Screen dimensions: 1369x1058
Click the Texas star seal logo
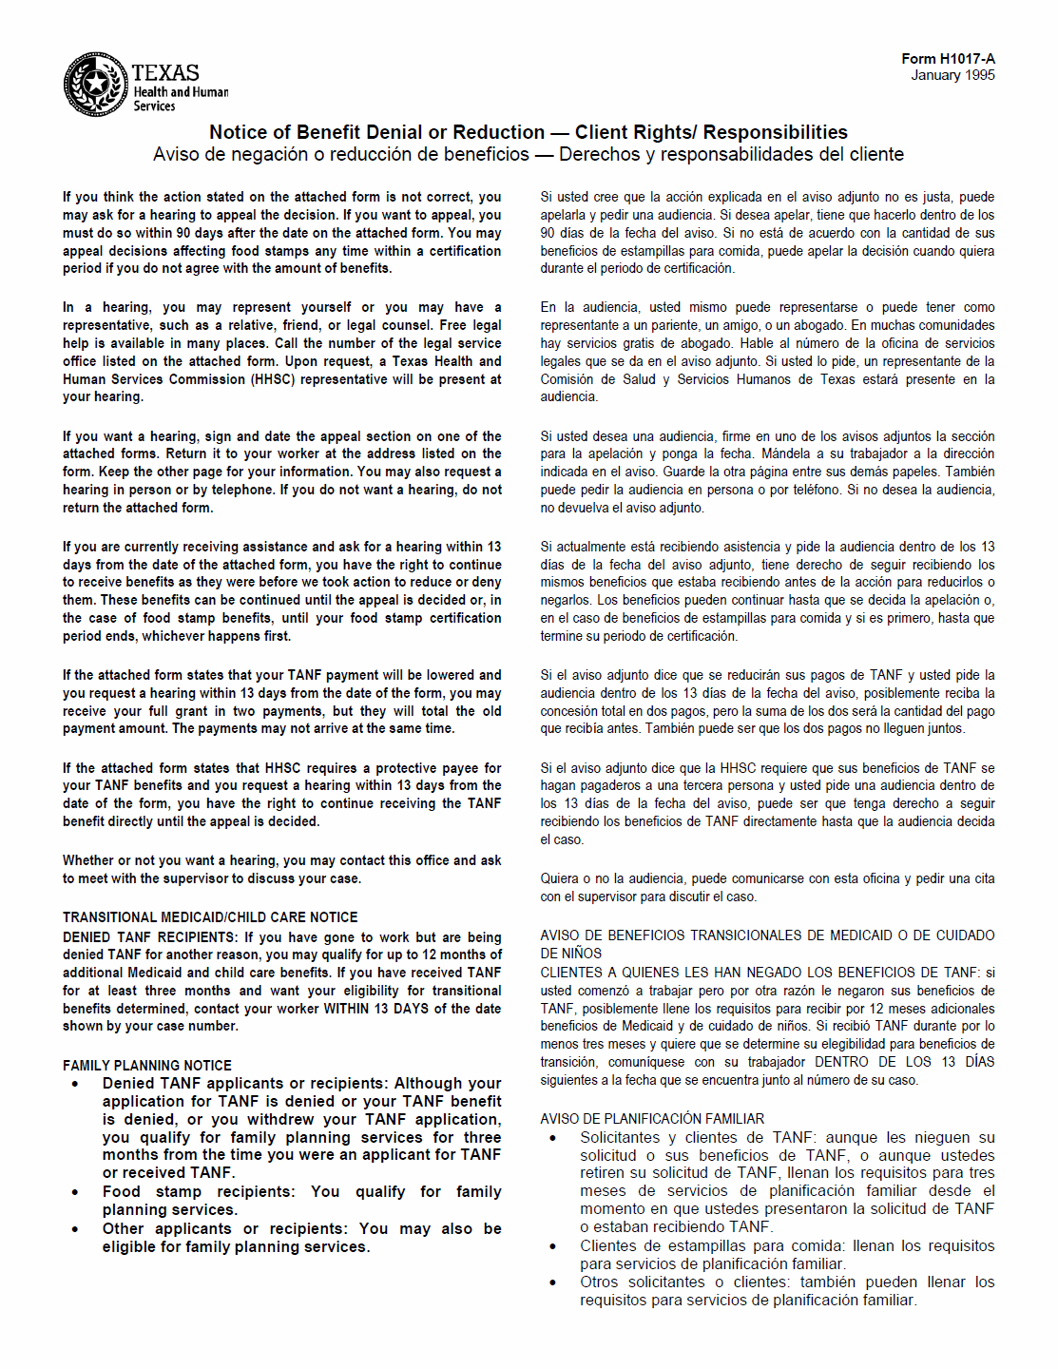click(x=95, y=85)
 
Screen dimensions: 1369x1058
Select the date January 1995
click(x=952, y=75)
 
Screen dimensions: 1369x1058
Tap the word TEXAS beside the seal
click(x=165, y=73)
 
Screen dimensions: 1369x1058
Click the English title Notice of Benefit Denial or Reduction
click(x=376, y=132)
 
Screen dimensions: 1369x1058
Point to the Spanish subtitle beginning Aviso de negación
click(x=529, y=154)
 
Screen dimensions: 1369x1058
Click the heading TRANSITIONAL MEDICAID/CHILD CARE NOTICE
click(x=210, y=917)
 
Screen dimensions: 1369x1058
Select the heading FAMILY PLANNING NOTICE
click(x=147, y=1066)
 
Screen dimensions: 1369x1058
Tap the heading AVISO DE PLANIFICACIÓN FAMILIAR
click(x=652, y=1119)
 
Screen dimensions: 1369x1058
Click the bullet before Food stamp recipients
click(x=75, y=1192)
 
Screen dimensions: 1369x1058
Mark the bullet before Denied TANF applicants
click(x=75, y=1084)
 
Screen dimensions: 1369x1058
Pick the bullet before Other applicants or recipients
click(x=75, y=1229)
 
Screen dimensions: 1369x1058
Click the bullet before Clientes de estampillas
click(x=553, y=1246)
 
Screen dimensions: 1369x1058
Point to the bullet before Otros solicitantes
click(x=553, y=1282)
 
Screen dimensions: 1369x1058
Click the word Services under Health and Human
click(x=154, y=106)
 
